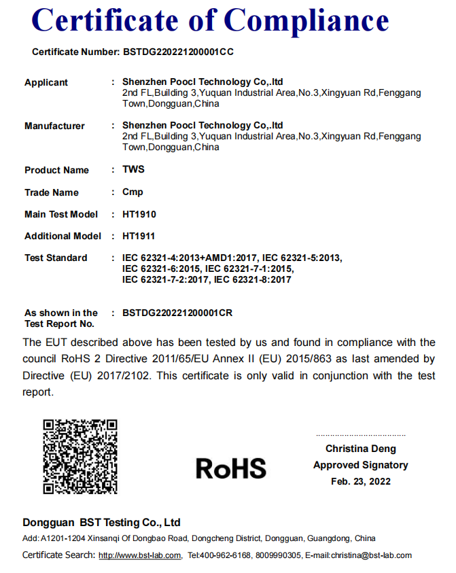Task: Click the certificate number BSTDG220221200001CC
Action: click(x=179, y=52)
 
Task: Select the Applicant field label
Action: click(x=46, y=82)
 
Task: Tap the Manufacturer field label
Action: click(x=54, y=126)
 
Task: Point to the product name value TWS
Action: click(x=133, y=170)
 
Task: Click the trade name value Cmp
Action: click(x=133, y=192)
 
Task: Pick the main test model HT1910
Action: click(x=139, y=214)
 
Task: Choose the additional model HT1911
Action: click(x=139, y=236)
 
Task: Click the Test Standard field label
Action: click(x=56, y=258)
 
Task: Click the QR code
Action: click(x=80, y=456)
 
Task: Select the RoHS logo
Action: click(x=231, y=468)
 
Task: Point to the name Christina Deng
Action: click(x=360, y=449)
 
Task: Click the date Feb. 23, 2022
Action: click(x=361, y=481)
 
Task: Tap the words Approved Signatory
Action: click(x=361, y=465)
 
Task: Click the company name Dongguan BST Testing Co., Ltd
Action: click(x=101, y=523)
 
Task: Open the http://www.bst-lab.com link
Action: click(x=140, y=555)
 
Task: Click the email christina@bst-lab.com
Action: click(x=371, y=555)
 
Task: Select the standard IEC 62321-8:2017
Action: click(x=252, y=279)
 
